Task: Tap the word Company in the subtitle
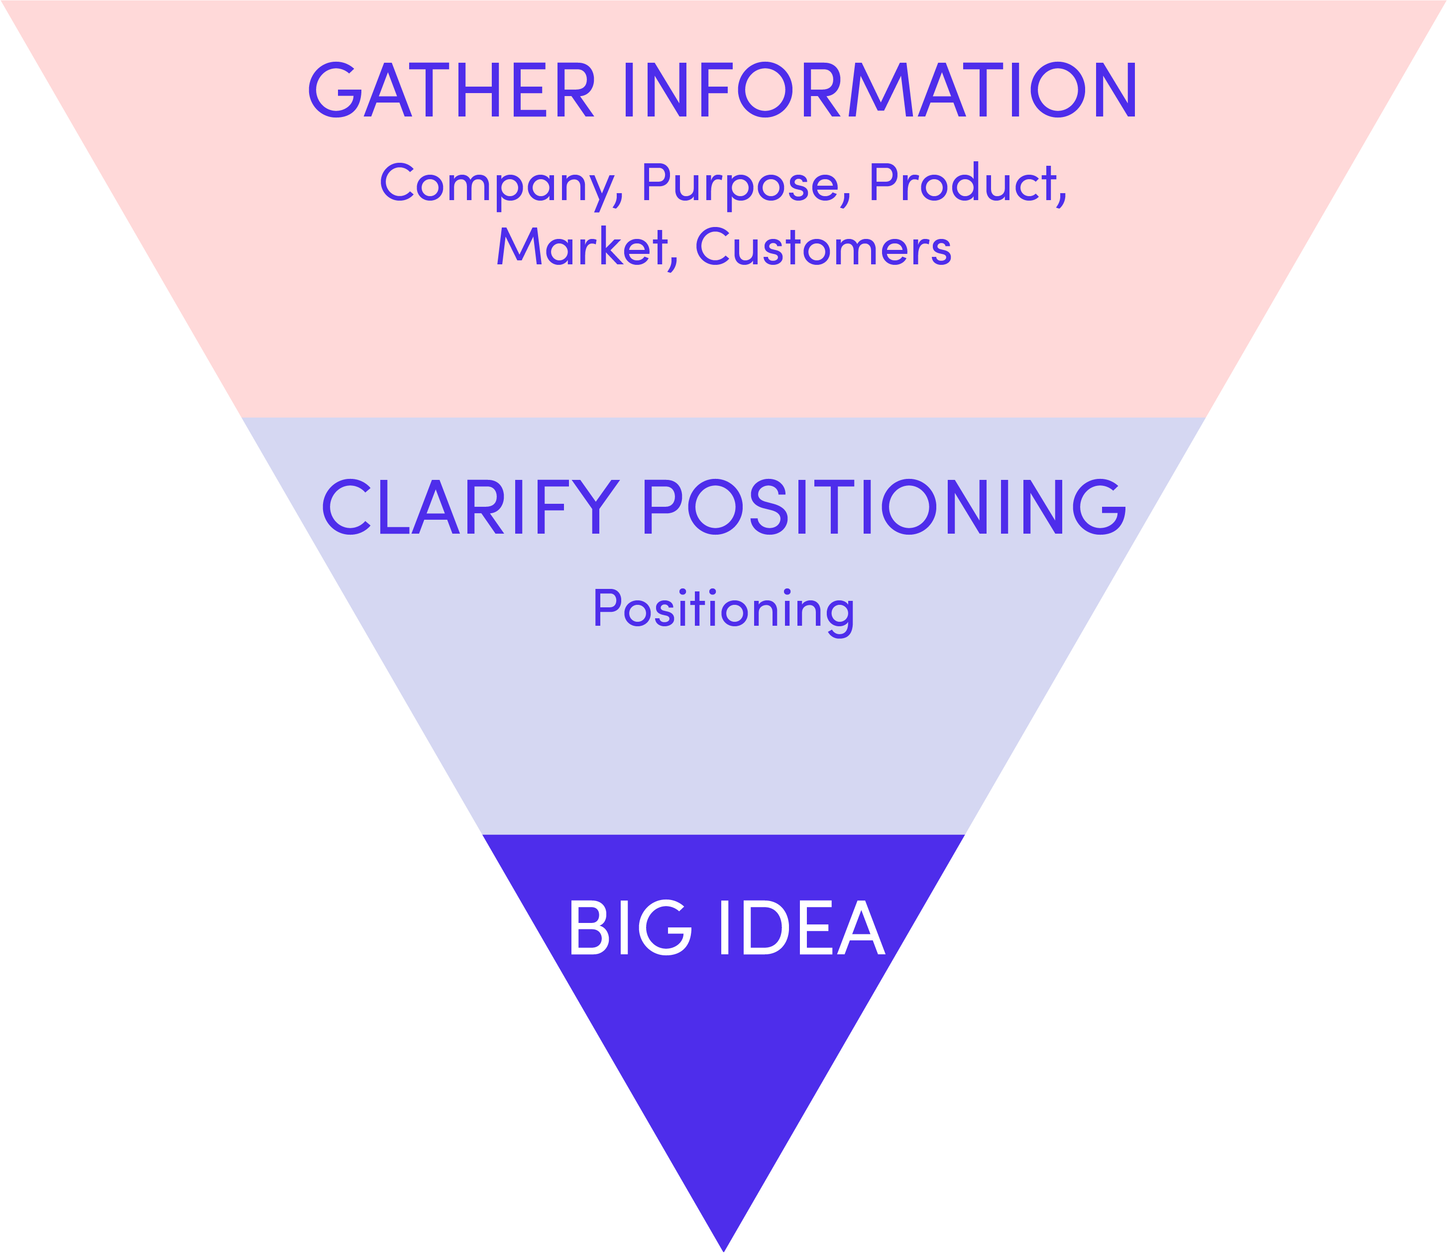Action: tap(497, 183)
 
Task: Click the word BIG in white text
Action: tap(629, 928)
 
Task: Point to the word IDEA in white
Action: tap(802, 928)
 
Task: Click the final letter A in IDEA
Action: tap(861, 928)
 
